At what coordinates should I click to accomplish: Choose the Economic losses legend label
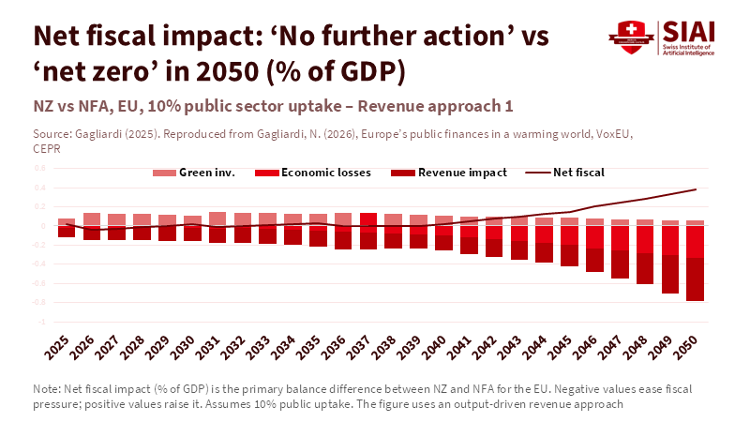point(326,173)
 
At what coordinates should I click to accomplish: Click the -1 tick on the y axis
point(40,321)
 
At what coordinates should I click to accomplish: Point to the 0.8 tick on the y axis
point(39,169)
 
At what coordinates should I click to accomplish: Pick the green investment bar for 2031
point(217,219)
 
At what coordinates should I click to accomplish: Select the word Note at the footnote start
point(45,388)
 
